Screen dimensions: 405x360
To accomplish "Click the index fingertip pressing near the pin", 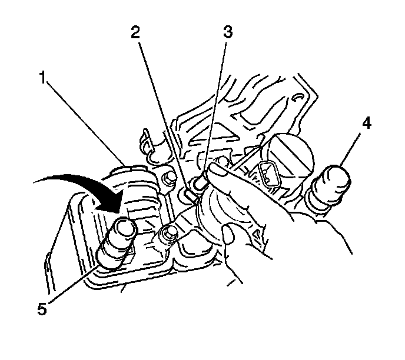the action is coord(218,171).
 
